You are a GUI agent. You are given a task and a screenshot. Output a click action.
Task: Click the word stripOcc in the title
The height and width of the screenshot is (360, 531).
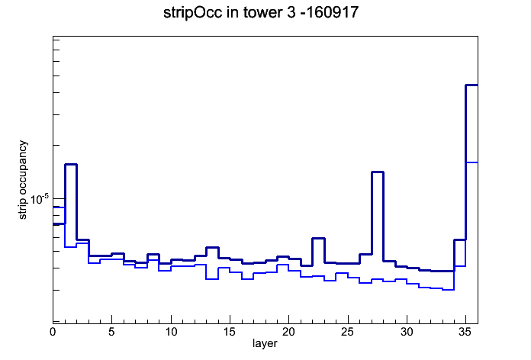click(193, 13)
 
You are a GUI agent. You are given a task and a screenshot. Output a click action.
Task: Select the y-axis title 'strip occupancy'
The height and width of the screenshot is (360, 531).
click(22, 180)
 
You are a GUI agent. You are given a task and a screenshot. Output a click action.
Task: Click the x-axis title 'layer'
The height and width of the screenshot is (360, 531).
click(265, 343)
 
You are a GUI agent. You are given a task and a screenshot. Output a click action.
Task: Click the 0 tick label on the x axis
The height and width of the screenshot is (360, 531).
click(53, 332)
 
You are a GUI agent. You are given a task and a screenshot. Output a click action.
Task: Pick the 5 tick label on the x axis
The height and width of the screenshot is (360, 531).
click(111, 332)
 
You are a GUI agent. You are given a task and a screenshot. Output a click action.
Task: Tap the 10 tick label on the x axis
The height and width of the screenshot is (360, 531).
click(171, 332)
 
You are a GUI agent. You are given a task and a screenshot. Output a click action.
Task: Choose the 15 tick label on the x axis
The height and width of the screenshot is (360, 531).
click(230, 332)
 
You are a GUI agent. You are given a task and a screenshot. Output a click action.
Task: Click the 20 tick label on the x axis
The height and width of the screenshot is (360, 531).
click(288, 332)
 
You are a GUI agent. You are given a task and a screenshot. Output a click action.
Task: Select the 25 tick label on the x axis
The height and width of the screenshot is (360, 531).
click(347, 332)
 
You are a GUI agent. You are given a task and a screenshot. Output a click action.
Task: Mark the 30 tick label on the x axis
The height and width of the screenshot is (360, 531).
click(407, 332)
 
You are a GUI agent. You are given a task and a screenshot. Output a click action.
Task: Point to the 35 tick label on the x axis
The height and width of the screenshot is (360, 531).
click(465, 332)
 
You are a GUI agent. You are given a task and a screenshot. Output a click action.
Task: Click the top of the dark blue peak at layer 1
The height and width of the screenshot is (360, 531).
click(71, 164)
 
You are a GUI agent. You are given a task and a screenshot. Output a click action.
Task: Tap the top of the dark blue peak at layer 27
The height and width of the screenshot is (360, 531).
click(377, 172)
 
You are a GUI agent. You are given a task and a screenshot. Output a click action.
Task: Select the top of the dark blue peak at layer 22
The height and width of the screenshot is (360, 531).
click(318, 239)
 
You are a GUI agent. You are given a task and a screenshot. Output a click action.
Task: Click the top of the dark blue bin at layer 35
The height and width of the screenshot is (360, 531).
click(471, 85)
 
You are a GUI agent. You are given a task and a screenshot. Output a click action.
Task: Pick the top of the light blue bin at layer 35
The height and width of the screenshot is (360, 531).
click(471, 162)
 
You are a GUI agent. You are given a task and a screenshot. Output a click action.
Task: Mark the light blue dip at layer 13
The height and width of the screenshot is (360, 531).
click(212, 279)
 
